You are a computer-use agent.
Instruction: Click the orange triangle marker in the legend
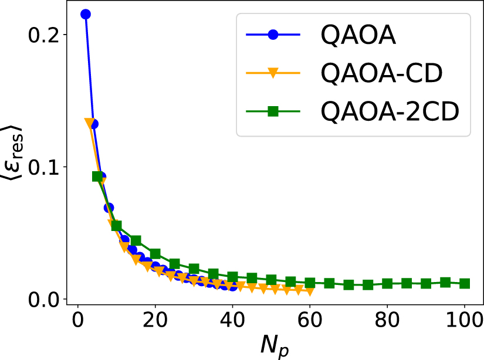273,73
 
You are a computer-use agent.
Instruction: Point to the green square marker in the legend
273,111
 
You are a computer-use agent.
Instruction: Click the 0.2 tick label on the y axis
43,34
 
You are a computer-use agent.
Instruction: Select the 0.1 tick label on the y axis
43,167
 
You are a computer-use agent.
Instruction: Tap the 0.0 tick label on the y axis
43,299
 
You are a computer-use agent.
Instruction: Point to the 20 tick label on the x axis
155,321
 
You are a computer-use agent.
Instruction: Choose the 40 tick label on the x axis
232,321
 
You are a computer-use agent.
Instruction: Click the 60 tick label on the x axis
310,321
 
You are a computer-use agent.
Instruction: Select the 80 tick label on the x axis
387,321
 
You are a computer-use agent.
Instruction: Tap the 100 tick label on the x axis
464,321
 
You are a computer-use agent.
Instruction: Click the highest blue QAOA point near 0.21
85,14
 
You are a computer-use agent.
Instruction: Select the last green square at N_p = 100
465,284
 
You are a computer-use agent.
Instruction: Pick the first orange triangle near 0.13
90,123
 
